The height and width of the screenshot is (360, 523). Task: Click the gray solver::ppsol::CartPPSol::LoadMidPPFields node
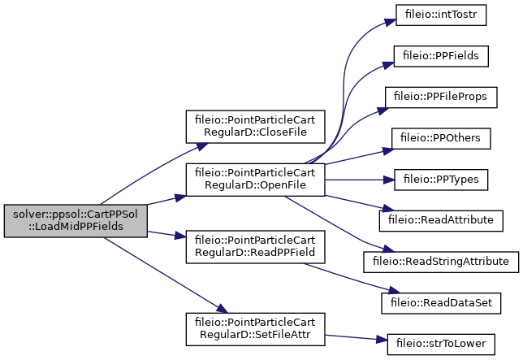76,221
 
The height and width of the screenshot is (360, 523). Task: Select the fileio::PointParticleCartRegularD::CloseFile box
256,127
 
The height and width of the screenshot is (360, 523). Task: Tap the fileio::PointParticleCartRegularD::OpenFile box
256,180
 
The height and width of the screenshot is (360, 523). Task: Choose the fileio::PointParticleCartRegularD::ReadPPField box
256,247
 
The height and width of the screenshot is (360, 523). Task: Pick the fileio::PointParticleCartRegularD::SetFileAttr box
256,329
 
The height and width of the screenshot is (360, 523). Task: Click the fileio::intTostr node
441,15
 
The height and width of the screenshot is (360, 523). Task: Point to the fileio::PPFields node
441,56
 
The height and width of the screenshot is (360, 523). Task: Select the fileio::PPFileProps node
441,98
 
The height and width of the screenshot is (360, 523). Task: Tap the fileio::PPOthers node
441,138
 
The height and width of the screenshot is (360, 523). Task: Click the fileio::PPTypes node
441,180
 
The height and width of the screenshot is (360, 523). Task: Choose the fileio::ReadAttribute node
441,221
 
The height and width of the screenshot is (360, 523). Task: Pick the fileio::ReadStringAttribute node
441,262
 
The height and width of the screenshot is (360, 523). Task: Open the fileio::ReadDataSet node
441,303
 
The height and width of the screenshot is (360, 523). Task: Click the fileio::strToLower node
441,345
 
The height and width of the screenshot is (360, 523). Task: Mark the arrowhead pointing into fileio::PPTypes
389,180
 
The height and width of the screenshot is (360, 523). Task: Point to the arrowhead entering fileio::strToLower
382,340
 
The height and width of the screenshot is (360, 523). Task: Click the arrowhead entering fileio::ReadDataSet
395,290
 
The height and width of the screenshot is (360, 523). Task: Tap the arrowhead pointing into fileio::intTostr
391,22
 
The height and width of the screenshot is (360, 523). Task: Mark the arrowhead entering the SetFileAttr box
223,309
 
